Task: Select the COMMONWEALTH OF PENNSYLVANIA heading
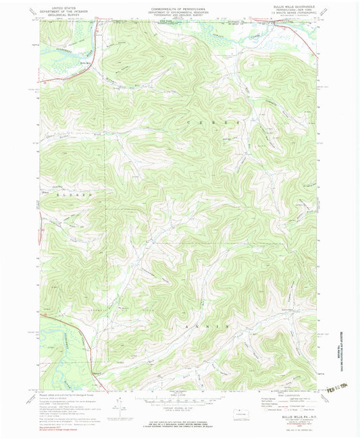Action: pyautogui.click(x=179, y=6)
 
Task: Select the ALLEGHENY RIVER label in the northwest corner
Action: pyautogui.click(x=59, y=49)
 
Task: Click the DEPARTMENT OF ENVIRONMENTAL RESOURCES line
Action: pyautogui.click(x=179, y=9)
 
